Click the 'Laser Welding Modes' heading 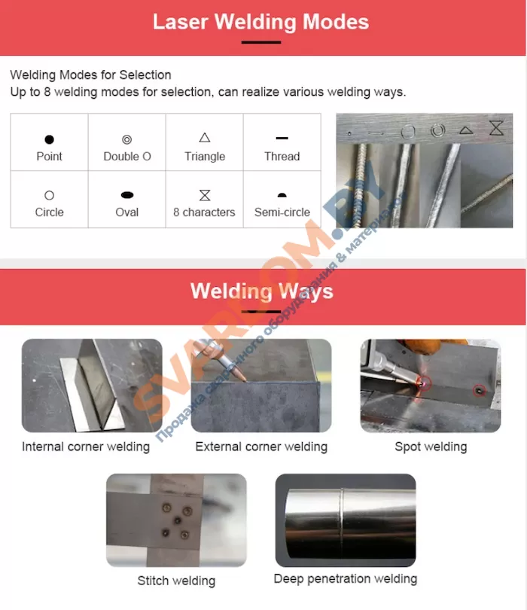pyautogui.click(x=260, y=22)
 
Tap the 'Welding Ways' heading pyautogui.click(x=262, y=291)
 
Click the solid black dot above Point pyautogui.click(x=49, y=139)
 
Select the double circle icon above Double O pyautogui.click(x=126, y=139)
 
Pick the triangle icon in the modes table pyautogui.click(x=205, y=137)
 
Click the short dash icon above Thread pyautogui.click(x=282, y=138)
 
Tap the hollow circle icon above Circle pyautogui.click(x=49, y=195)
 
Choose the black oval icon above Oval pyautogui.click(x=127, y=195)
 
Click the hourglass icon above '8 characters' pyautogui.click(x=205, y=195)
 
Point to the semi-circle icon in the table pyautogui.click(x=282, y=195)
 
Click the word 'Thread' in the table pyautogui.click(x=282, y=157)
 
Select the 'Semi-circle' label pyautogui.click(x=282, y=212)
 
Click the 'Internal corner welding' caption pyautogui.click(x=86, y=447)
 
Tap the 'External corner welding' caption pyautogui.click(x=261, y=447)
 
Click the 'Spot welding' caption pyautogui.click(x=431, y=447)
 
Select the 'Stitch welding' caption pyautogui.click(x=176, y=581)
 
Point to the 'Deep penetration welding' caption pyautogui.click(x=346, y=579)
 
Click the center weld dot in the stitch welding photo pyautogui.click(x=178, y=520)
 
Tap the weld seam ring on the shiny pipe pyautogui.click(x=342, y=520)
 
